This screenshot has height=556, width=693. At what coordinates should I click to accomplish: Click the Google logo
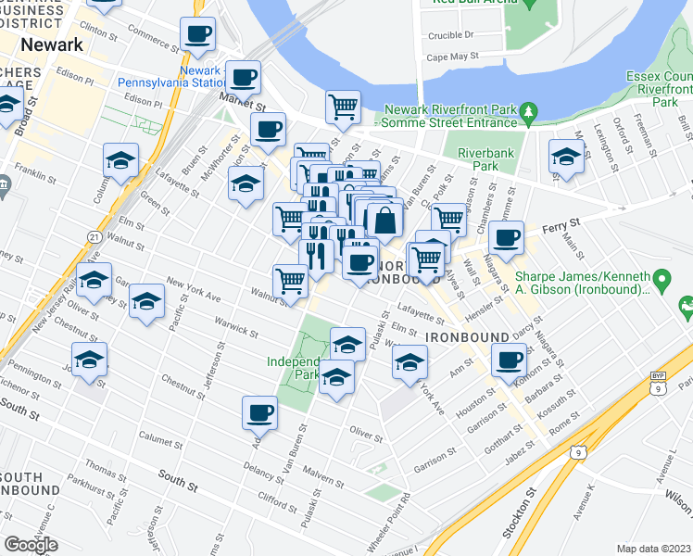(31, 544)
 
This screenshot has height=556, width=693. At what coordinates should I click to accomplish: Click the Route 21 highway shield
(95, 238)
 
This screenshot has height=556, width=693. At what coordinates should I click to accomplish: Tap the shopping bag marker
(384, 221)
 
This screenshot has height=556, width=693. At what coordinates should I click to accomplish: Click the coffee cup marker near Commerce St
(197, 35)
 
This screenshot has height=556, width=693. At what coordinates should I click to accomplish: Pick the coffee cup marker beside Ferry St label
(506, 238)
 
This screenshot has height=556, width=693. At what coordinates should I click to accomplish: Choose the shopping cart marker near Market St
(343, 107)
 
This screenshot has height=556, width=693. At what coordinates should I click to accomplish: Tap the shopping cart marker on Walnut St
(290, 281)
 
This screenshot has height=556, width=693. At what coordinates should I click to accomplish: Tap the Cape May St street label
(452, 56)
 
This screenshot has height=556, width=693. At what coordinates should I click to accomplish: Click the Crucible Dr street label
(451, 35)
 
